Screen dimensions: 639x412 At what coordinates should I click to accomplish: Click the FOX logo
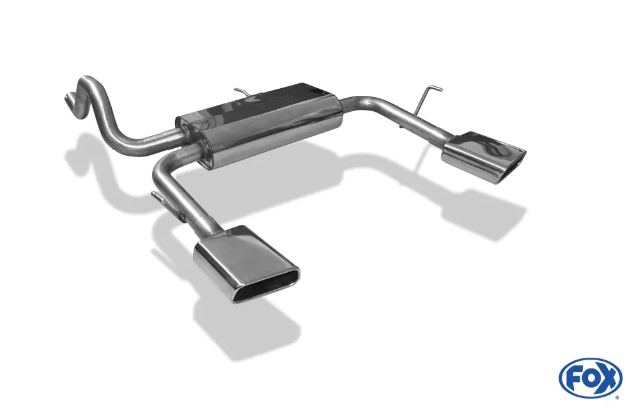590,378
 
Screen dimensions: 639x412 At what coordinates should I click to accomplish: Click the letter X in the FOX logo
608,379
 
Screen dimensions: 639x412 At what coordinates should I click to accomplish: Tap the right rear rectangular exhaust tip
483,156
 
